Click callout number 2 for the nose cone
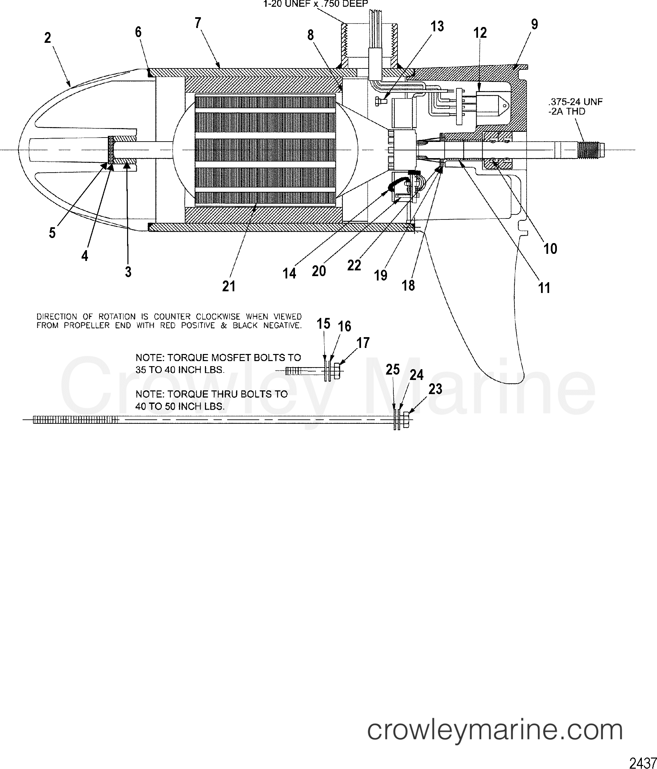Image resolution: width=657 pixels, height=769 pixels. pos(48,38)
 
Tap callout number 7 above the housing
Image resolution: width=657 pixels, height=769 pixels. pos(198,23)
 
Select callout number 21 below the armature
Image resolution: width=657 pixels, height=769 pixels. pos(229,286)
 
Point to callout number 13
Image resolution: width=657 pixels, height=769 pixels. pos(437,26)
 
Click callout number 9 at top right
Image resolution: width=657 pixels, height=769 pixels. pos(534,24)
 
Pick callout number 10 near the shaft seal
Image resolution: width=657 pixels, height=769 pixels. pos(550,249)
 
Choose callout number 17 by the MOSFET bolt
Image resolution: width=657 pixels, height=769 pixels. pos(363,343)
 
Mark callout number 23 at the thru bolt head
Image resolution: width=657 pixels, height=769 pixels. pos(436,389)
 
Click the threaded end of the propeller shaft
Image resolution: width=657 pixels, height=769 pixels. pos(592,150)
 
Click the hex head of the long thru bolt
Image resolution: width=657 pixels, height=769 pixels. pos(406,419)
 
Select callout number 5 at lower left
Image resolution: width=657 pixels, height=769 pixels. pos(52,233)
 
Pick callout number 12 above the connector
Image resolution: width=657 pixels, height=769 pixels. pos(480,33)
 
